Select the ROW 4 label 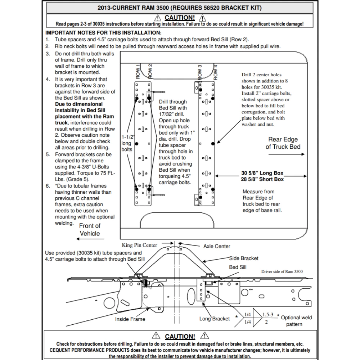tap(215, 72)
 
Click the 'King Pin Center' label tap(139, 245)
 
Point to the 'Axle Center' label tap(217, 246)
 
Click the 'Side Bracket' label tap(244, 258)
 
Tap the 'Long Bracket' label tap(215, 319)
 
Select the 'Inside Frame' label tap(130, 319)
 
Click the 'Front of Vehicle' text tap(90, 230)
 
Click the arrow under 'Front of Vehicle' tap(88, 239)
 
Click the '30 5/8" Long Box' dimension tap(262, 173)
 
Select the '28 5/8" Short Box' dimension tap(262, 179)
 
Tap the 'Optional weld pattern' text tap(296, 321)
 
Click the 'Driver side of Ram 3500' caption tap(282, 271)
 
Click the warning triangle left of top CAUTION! tap(158, 18)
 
